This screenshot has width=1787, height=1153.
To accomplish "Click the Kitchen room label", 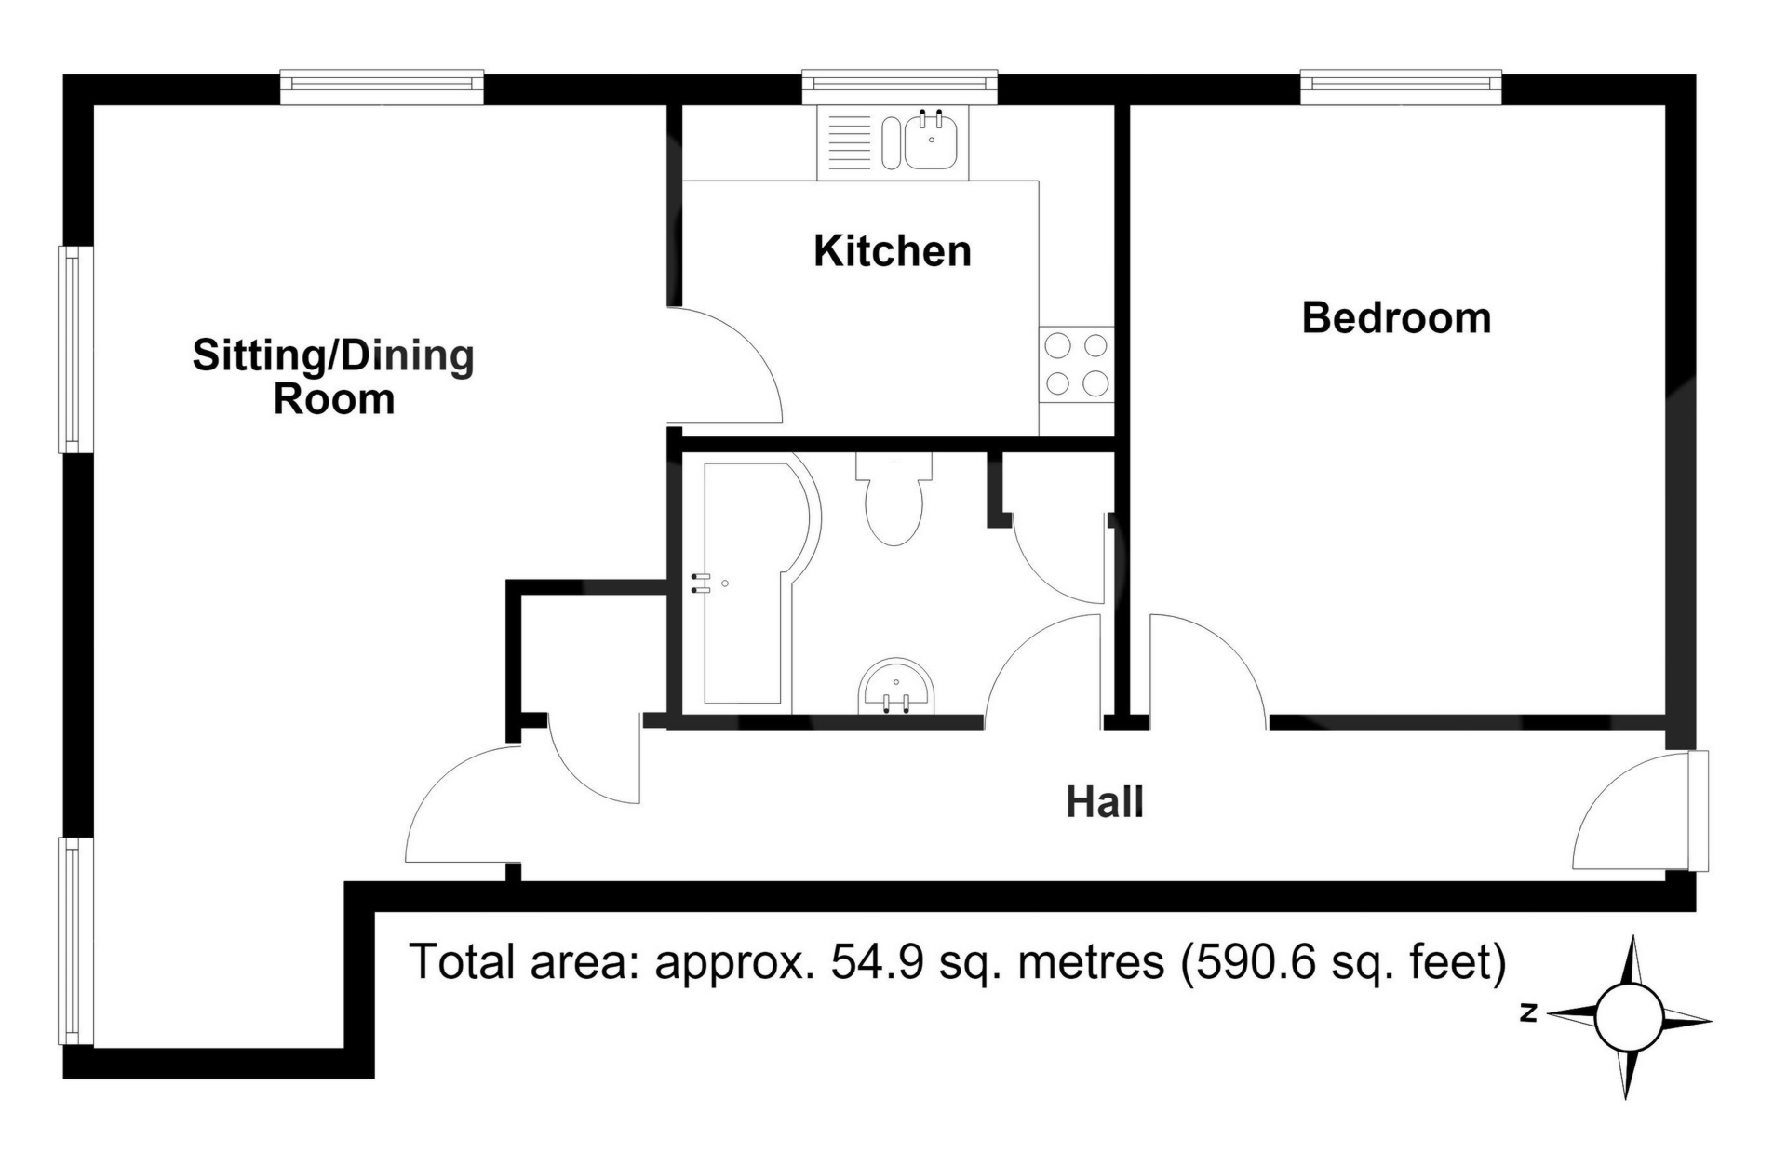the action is pyautogui.click(x=893, y=251).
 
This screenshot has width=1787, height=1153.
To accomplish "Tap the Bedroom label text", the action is pyautogui.click(x=1396, y=318).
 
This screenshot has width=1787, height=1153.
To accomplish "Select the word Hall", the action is pyautogui.click(x=1105, y=802).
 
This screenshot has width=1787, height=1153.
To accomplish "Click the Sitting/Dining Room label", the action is pyautogui.click(x=333, y=377).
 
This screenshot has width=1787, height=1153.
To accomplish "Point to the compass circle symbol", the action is pyautogui.click(x=1629, y=1017).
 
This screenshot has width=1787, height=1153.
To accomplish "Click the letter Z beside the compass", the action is pyautogui.click(x=1527, y=1013).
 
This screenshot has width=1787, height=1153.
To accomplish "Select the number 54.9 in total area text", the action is pyautogui.click(x=878, y=962).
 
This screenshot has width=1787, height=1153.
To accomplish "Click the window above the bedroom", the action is pyautogui.click(x=1401, y=87).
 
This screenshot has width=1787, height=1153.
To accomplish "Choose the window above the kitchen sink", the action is pyautogui.click(x=900, y=87).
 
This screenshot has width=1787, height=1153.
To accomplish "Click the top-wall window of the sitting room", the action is pyautogui.click(x=382, y=87).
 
